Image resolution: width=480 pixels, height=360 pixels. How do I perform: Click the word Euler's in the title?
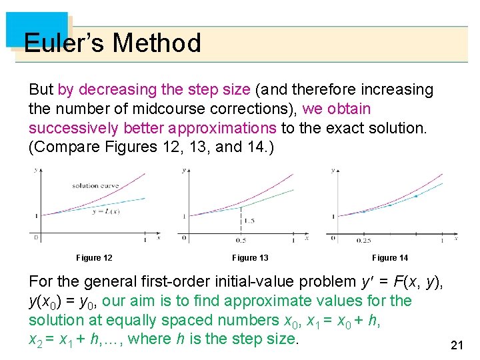(x=64, y=43)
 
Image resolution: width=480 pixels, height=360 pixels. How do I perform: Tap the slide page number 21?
(x=457, y=345)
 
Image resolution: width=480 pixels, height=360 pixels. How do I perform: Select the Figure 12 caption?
(x=94, y=258)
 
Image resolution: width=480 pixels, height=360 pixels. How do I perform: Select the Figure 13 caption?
(x=250, y=258)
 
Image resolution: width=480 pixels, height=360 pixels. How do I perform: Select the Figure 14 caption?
(x=390, y=258)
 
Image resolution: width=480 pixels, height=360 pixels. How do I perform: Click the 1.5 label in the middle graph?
(x=249, y=221)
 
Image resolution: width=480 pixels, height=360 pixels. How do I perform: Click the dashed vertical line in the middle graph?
(x=241, y=220)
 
